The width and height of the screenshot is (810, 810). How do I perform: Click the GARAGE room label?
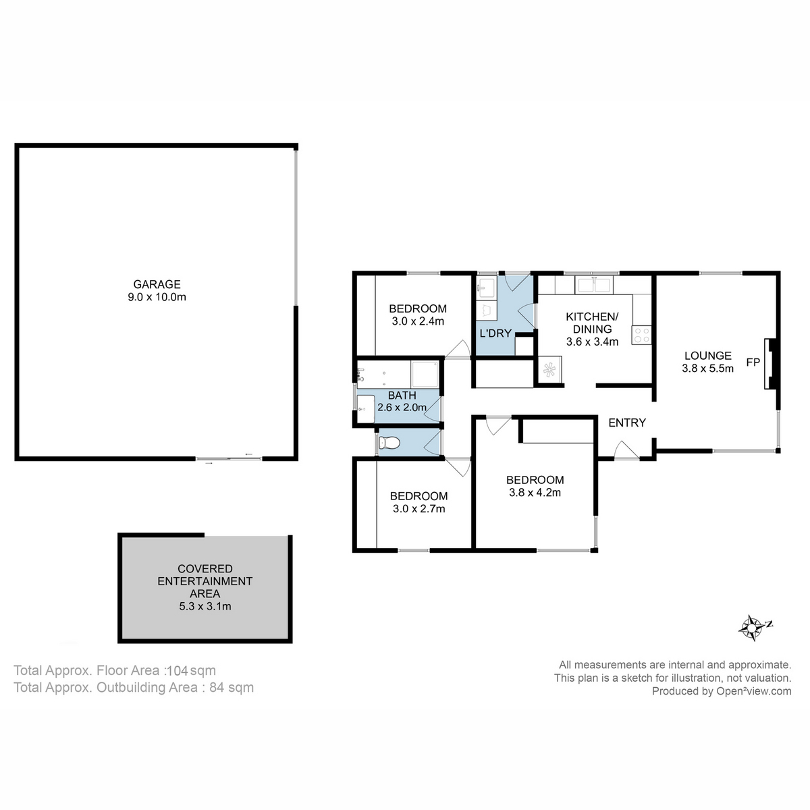[x=157, y=284]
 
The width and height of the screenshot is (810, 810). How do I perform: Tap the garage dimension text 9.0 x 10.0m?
[x=157, y=297]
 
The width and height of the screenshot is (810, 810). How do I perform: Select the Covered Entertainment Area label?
[x=205, y=581]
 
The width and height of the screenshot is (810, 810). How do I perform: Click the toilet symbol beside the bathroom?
[x=389, y=443]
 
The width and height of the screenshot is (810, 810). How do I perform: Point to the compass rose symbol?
[x=751, y=627]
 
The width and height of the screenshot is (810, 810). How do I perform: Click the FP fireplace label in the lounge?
[x=753, y=362]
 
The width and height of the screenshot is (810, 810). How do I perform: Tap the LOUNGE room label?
[x=707, y=356]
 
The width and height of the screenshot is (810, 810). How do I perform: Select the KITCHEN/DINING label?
[x=591, y=323]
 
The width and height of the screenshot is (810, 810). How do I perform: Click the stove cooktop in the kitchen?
[x=641, y=335]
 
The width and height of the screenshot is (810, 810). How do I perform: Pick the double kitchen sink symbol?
[x=594, y=285]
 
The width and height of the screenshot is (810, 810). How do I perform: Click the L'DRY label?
[x=495, y=333]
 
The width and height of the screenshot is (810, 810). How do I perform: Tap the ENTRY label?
[x=627, y=423]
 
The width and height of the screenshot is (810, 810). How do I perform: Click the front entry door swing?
[x=625, y=450]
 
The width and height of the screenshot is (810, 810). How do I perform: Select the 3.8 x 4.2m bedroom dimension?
[x=535, y=493]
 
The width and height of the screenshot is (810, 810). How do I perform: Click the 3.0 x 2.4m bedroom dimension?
[x=418, y=321]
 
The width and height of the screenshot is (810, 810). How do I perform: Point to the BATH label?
[x=402, y=395]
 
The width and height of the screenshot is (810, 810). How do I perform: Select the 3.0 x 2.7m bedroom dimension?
[x=418, y=509]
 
